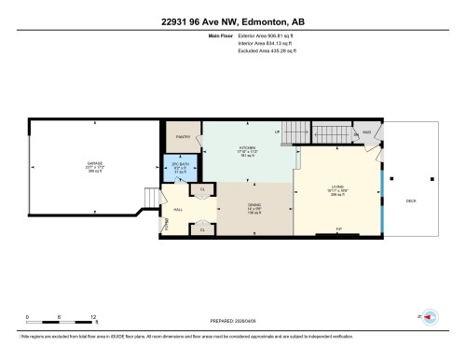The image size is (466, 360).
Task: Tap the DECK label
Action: point(410,201)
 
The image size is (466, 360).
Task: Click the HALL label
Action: point(178,211)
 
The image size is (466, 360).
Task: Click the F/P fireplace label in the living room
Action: point(338,228)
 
